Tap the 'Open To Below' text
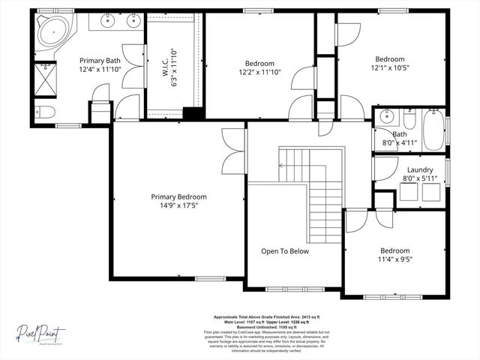[x=284, y=251]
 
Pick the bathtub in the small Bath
[x=433, y=130]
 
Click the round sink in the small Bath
[x=386, y=116]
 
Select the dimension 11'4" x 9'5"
[x=394, y=259]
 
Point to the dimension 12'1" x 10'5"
[x=389, y=68]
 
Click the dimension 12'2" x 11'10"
[x=259, y=72]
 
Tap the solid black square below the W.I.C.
[x=193, y=114]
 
